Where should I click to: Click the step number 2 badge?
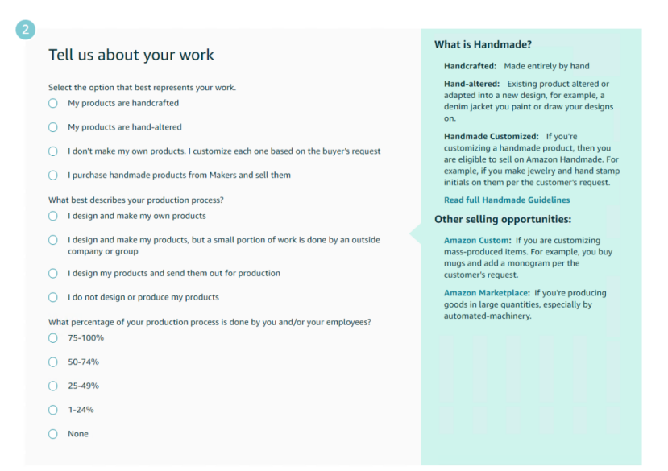[x=25, y=30]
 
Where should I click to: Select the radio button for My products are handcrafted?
[x=53, y=103]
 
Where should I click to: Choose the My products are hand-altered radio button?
[x=53, y=127]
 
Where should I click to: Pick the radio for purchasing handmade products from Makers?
[x=53, y=176]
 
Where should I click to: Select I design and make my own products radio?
[x=53, y=216]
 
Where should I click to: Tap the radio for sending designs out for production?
[x=53, y=273]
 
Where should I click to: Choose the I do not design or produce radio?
[x=53, y=297]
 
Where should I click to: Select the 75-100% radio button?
[x=53, y=338]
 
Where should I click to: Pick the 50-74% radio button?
[x=53, y=362]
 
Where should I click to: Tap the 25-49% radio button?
[x=53, y=386]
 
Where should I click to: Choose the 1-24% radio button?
[x=53, y=410]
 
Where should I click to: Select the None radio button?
[x=53, y=434]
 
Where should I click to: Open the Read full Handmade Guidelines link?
[x=507, y=200]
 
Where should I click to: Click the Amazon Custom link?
[x=477, y=241]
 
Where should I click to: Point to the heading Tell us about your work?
[x=131, y=55]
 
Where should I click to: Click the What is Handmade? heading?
[x=483, y=44]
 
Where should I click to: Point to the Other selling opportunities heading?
[x=504, y=219]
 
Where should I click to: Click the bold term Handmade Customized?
[x=491, y=137]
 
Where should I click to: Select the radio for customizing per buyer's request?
[x=53, y=151]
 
